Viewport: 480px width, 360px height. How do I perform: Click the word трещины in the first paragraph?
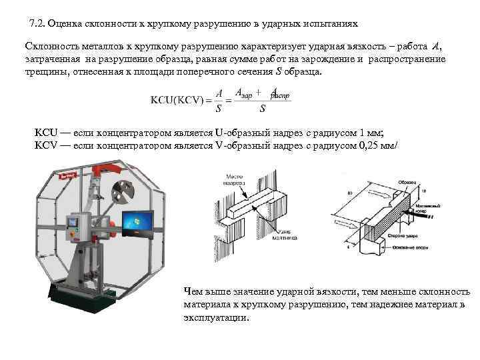coord(41,71)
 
